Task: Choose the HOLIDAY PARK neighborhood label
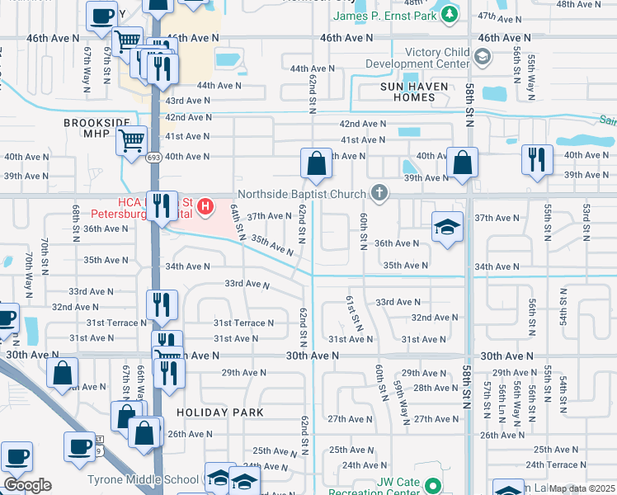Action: coord(220,412)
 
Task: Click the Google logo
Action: coord(27,485)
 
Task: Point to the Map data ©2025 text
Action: coord(582,488)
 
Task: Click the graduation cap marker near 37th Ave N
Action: coord(446,228)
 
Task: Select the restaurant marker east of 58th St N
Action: coord(537,160)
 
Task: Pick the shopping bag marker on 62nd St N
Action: coord(316,163)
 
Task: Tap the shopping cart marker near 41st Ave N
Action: coord(132,142)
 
